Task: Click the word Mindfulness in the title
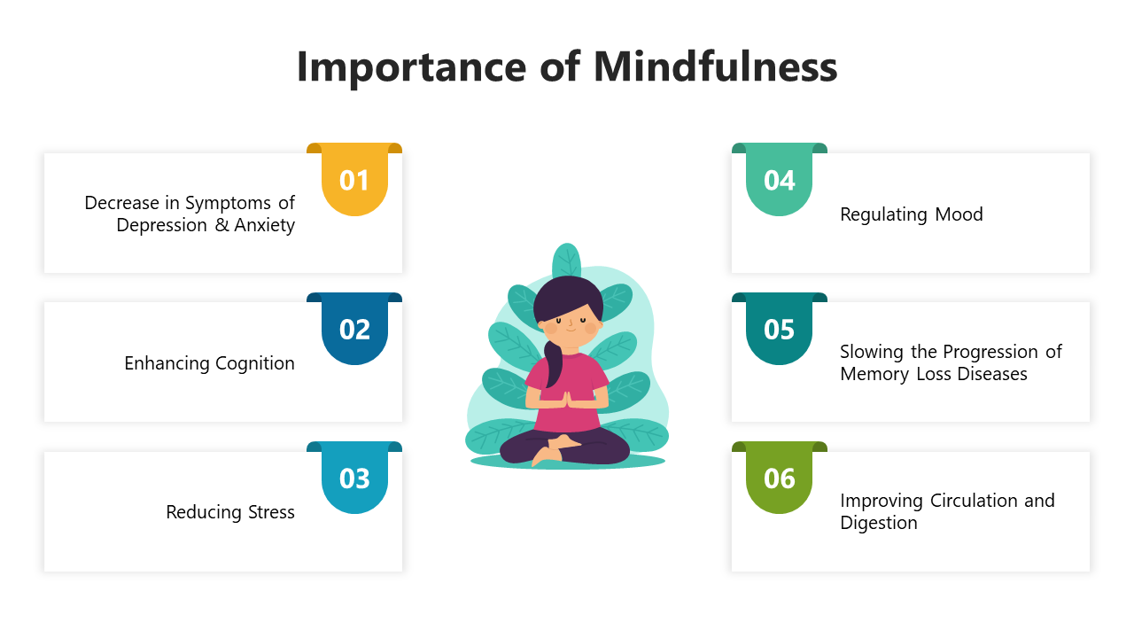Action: [x=715, y=66]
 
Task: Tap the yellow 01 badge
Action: [x=354, y=180]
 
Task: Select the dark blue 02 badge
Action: [x=354, y=329]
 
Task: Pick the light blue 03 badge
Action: [x=354, y=478]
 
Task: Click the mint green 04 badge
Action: [x=779, y=180]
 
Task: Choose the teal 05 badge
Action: [x=779, y=329]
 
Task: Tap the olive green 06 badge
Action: [x=779, y=478]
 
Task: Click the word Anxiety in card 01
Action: [x=264, y=226]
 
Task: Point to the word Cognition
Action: [x=254, y=363]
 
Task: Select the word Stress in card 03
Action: [x=271, y=512]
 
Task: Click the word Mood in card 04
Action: [x=959, y=214]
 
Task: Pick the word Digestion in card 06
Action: [x=879, y=523]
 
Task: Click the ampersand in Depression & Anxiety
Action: [x=221, y=225]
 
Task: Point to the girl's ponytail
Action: [x=553, y=362]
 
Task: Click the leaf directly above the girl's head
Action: [x=566, y=261]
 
